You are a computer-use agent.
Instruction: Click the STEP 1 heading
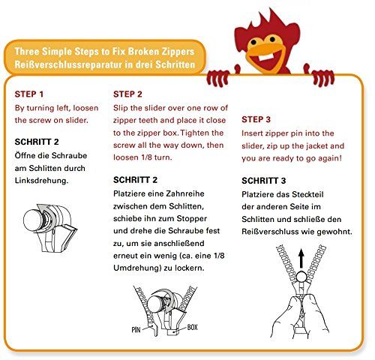pos(29,94)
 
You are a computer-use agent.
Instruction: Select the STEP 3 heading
pos(256,119)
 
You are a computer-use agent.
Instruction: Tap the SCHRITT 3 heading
pos(263,181)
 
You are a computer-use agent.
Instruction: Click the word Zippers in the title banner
pos(178,52)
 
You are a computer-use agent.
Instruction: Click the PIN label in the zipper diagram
pos(136,330)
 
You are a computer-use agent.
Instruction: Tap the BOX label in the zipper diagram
pos(193,327)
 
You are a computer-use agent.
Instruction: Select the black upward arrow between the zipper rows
pos(301,259)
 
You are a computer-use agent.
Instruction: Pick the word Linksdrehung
pos(41,181)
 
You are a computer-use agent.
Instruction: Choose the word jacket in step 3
pos(316,146)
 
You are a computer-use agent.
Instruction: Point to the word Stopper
pos(191,219)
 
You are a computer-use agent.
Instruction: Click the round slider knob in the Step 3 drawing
pos(302,277)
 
